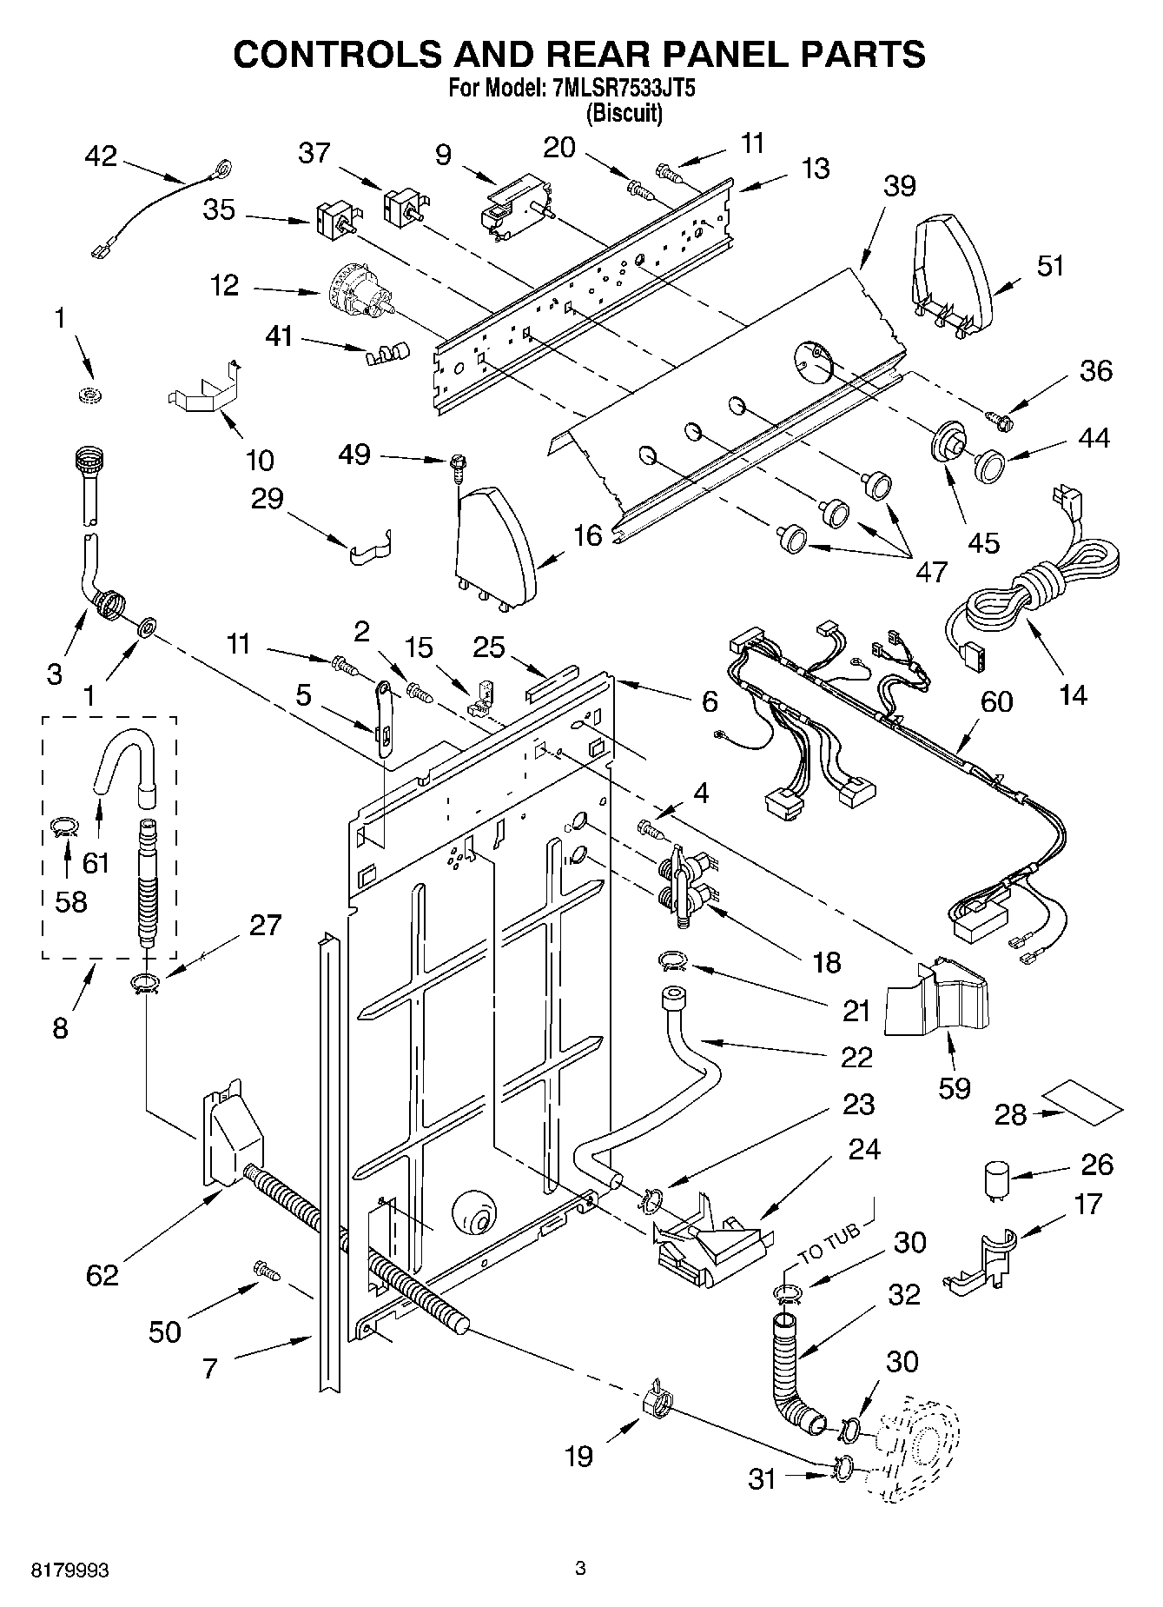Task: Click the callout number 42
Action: click(x=101, y=157)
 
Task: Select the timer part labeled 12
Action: click(x=359, y=292)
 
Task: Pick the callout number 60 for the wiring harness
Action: click(x=996, y=701)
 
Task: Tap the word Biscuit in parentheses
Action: click(x=624, y=113)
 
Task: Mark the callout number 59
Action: click(x=955, y=1087)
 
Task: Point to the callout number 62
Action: click(x=102, y=1275)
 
